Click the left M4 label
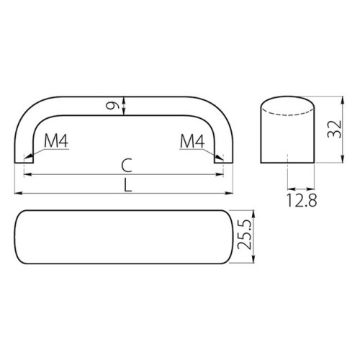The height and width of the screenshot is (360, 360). point(55,141)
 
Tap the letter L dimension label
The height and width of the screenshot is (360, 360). point(127,185)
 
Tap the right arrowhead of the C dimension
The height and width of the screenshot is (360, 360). point(222,175)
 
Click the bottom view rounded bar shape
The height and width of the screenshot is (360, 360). point(122,240)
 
